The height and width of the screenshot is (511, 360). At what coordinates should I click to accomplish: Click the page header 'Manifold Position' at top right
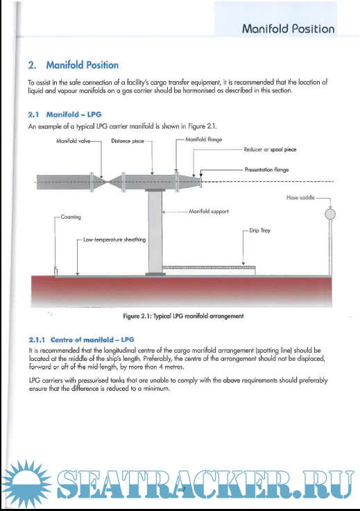point(288,28)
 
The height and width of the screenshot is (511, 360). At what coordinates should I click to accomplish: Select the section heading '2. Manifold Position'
point(73,65)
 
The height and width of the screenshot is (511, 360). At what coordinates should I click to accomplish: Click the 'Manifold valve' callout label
point(74,141)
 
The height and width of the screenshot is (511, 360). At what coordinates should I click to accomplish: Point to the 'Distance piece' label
point(127,141)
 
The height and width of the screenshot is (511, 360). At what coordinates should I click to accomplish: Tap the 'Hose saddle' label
point(300,197)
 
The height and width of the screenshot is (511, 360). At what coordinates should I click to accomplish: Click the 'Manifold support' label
point(208,210)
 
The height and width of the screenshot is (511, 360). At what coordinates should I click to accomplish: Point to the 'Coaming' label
point(71,217)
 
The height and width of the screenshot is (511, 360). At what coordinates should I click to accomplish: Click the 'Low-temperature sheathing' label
point(114,240)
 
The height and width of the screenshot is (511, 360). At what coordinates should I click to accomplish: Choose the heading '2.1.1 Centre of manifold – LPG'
point(80,340)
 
